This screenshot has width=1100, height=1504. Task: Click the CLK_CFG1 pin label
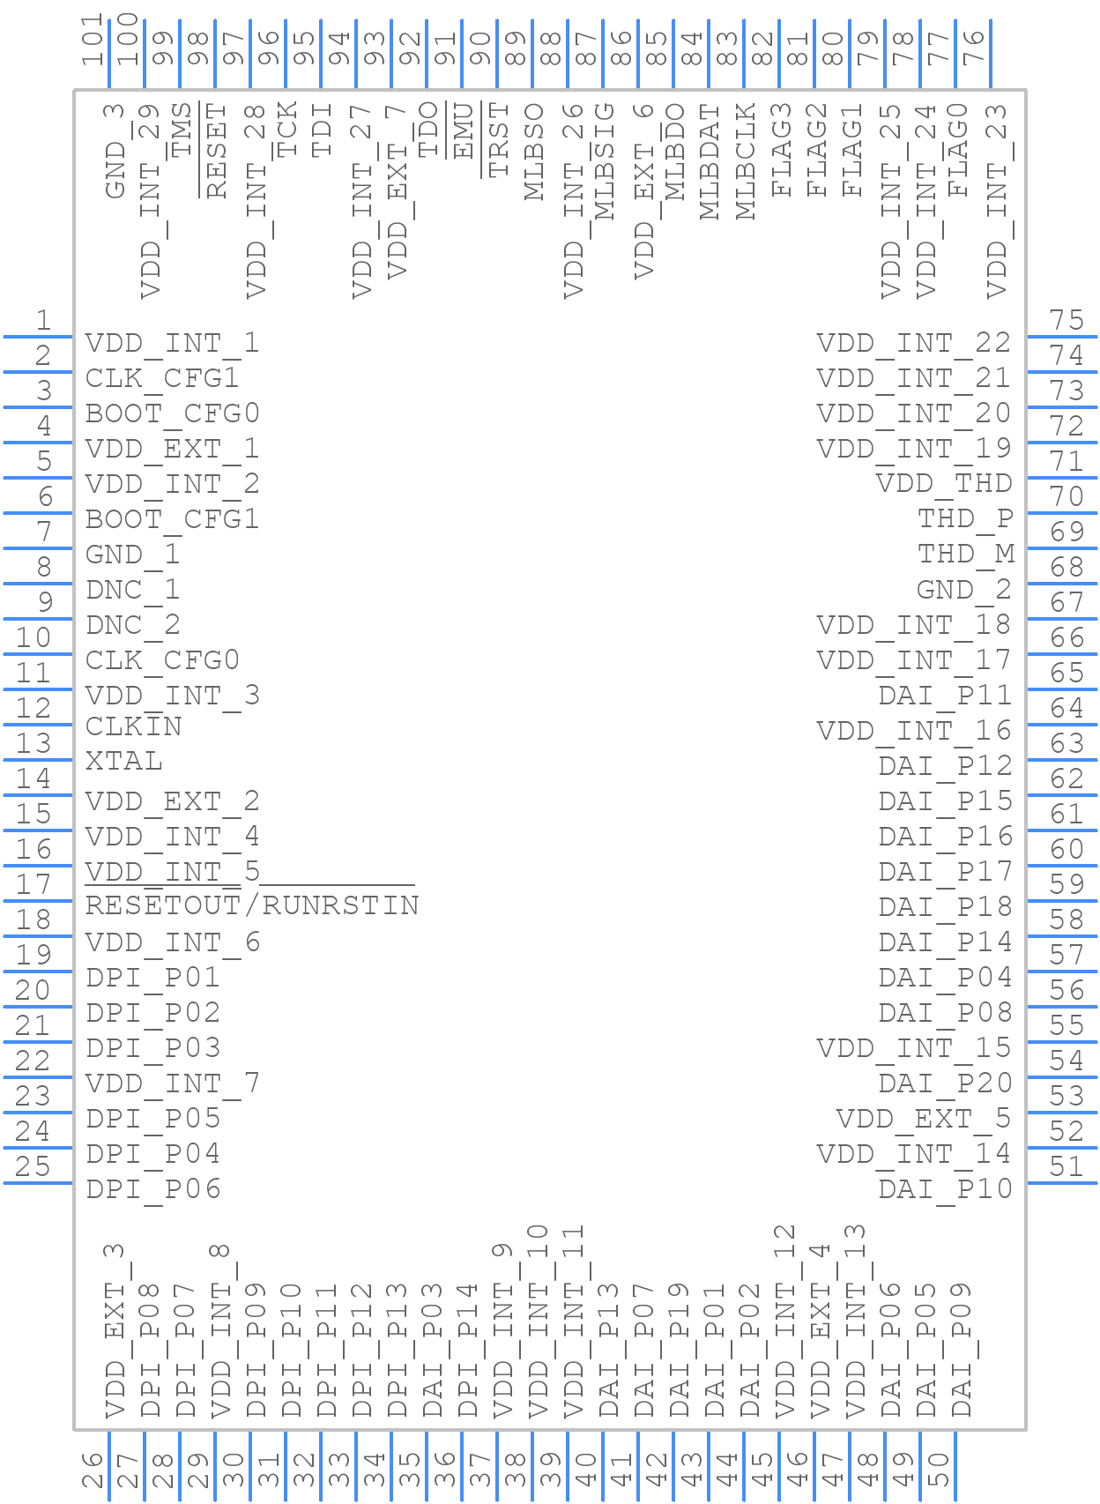pos(162,378)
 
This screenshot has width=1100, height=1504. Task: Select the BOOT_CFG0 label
pos(172,413)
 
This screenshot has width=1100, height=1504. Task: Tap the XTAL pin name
pos(124,761)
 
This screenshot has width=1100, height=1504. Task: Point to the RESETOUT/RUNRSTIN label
pos(252,905)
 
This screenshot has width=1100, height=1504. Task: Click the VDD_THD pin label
pos(944,483)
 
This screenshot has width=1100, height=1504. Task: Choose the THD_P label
pos(965,518)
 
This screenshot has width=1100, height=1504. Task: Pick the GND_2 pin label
pos(963,589)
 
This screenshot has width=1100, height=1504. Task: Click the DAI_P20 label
pos(945,1083)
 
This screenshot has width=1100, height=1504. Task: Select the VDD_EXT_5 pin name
pos(923,1118)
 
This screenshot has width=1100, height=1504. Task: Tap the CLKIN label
pos(134,726)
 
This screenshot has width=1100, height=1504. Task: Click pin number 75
pos(1067,319)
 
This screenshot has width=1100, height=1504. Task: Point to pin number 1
pos(42,319)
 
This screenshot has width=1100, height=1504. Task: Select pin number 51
pos(1067,1166)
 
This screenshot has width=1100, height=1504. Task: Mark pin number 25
pos(33,1166)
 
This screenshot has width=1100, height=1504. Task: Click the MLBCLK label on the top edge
pos(746,161)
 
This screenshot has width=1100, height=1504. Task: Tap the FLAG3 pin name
pos(781,150)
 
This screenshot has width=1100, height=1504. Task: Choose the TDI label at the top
pos(323,130)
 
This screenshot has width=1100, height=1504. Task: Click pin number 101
pos(93,41)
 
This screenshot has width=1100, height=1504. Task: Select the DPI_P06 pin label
pos(153,1188)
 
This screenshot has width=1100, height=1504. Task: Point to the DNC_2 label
pos(133,625)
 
